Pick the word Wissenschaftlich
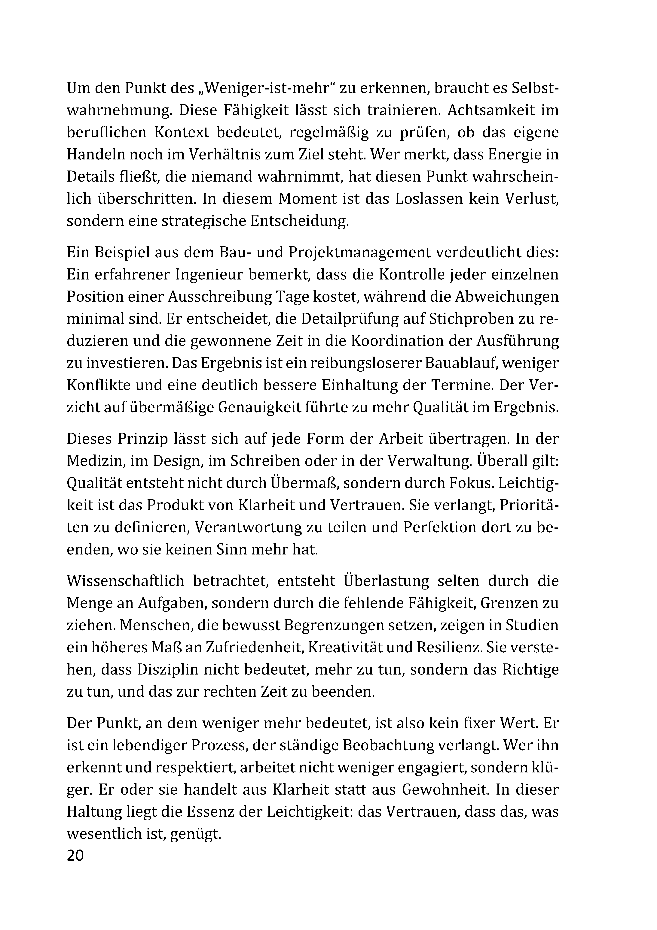pyautogui.click(x=126, y=580)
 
